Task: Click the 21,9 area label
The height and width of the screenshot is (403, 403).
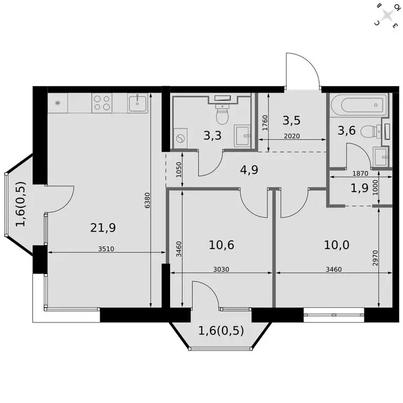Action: (x=103, y=227)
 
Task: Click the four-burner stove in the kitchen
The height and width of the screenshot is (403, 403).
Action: (x=102, y=103)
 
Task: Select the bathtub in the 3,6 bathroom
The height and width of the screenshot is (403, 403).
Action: (x=359, y=105)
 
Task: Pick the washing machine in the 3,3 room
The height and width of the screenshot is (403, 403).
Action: (x=182, y=140)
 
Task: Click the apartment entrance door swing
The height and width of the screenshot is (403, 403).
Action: (x=302, y=71)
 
